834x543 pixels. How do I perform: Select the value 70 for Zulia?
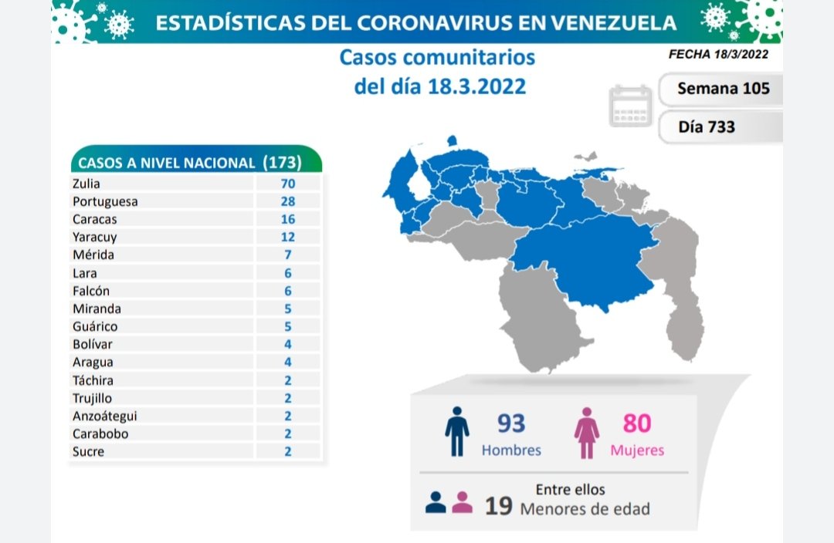tap(288, 184)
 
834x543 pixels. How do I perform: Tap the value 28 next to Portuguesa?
tap(288, 201)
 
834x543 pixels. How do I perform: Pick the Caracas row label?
tap(91, 219)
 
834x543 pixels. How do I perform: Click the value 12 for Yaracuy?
tap(288, 237)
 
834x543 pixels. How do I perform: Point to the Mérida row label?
tap(90, 255)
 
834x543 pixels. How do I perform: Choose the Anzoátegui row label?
tap(104, 416)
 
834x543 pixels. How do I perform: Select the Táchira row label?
tap(93, 380)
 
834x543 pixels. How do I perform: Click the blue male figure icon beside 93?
tap(457, 432)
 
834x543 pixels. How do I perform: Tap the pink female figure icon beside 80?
tap(586, 432)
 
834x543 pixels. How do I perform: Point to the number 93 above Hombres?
tap(511, 423)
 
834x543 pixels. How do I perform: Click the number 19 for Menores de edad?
tap(500, 507)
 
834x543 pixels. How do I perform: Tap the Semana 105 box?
tap(723, 88)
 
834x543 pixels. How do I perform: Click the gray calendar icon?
tap(631, 106)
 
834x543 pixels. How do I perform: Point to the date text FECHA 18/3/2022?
tap(718, 54)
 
